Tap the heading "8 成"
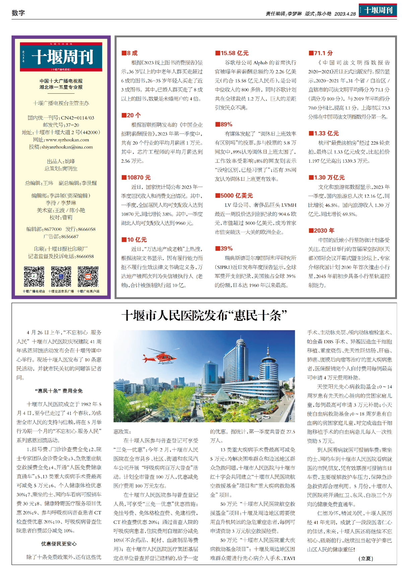click(130, 53)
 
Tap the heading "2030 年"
click(321, 231)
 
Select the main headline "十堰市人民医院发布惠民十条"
click(204, 316)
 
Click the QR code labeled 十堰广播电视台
click(34, 277)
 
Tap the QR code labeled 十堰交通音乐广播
click(61, 277)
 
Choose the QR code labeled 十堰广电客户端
click(88, 277)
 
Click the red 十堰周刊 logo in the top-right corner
click(378, 10)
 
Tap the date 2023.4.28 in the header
click(345, 14)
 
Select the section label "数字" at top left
click(18, 13)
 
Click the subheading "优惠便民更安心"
click(59, 544)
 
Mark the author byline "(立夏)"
click(365, 558)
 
